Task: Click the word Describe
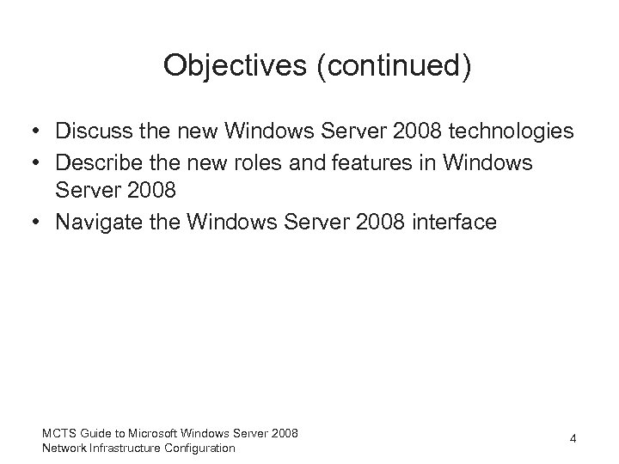[x=97, y=162]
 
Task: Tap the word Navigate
[x=96, y=223]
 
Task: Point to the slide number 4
[x=573, y=439]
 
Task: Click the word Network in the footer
[x=63, y=448]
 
